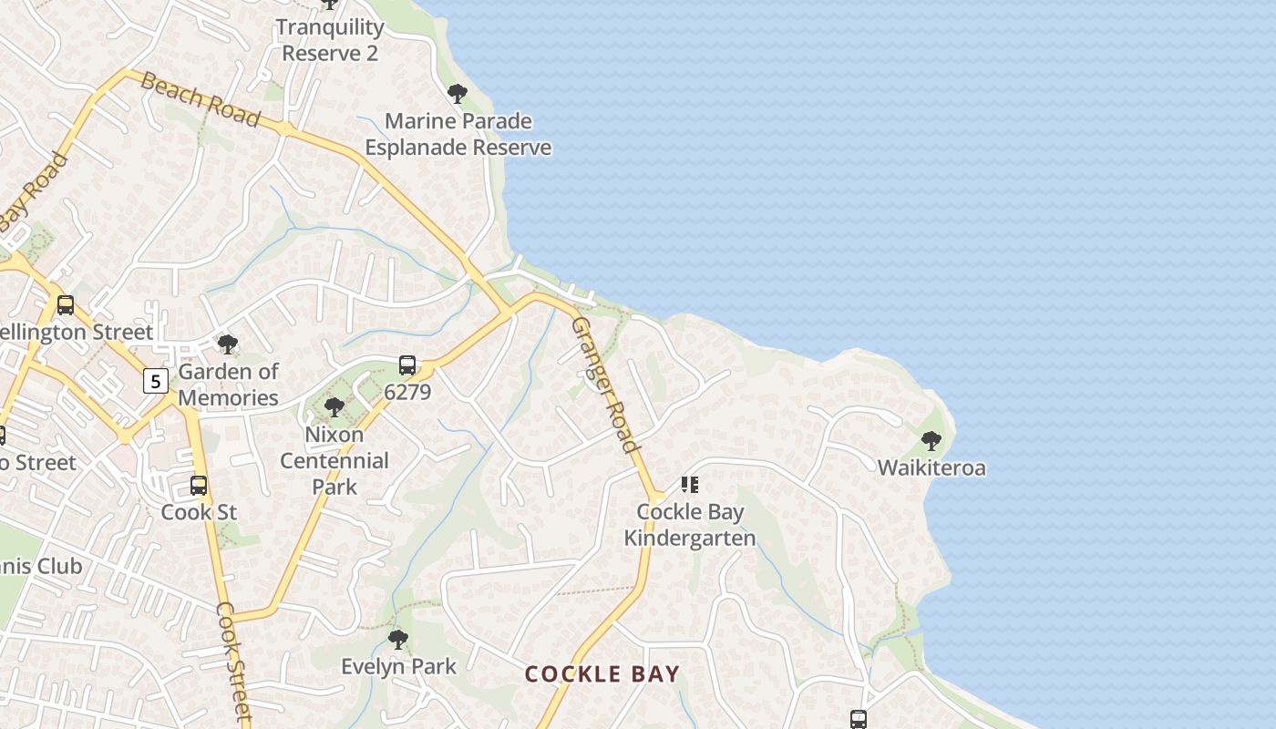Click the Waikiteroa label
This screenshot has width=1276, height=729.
click(x=931, y=468)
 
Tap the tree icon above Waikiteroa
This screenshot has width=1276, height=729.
click(x=931, y=441)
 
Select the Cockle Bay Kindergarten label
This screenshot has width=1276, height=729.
click(x=690, y=525)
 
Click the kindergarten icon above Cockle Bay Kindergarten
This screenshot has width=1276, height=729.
click(x=690, y=484)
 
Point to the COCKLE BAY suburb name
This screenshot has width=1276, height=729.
click(x=602, y=674)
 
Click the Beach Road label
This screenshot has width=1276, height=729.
click(x=201, y=101)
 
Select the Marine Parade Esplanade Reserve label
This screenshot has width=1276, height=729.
click(x=458, y=134)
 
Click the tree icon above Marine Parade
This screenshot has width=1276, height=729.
click(x=458, y=93)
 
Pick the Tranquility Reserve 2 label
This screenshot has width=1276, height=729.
click(x=329, y=40)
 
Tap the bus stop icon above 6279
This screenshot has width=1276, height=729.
click(x=407, y=365)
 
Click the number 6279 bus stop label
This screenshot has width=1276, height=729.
click(x=407, y=392)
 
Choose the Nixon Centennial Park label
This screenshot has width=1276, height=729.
click(x=334, y=460)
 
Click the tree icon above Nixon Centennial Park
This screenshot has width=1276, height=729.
click(x=334, y=407)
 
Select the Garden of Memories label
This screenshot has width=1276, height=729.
click(x=228, y=385)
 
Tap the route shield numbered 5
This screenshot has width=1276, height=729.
click(x=156, y=381)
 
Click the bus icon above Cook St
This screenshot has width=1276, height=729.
click(x=199, y=486)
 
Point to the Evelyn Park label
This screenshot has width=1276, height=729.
click(x=398, y=667)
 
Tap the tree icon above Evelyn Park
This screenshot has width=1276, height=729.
click(x=398, y=639)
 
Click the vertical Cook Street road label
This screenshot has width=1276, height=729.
click(x=234, y=662)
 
